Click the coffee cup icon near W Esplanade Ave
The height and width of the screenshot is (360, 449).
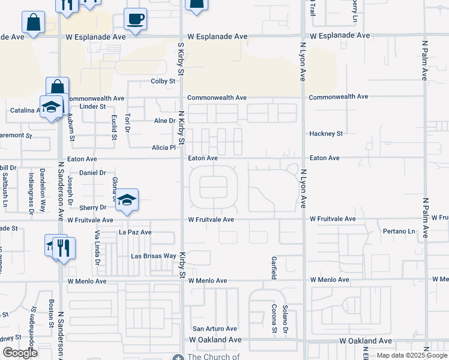point(136,19)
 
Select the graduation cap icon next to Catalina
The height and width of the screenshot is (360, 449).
point(52,107)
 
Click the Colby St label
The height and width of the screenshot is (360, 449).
point(163,81)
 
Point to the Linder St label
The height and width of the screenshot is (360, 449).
point(92,107)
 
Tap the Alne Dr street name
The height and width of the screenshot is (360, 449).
point(164,121)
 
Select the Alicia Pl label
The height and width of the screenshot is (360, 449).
point(163,148)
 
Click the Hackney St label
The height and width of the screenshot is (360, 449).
point(325,134)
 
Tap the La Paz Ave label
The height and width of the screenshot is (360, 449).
point(135,232)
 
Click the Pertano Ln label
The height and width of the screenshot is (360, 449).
point(399,232)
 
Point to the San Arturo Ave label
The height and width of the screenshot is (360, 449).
point(214,329)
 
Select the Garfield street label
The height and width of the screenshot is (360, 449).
point(273,268)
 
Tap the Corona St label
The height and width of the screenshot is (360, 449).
point(274,319)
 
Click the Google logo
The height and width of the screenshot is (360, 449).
point(20,353)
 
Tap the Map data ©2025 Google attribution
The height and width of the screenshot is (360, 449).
point(411,356)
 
